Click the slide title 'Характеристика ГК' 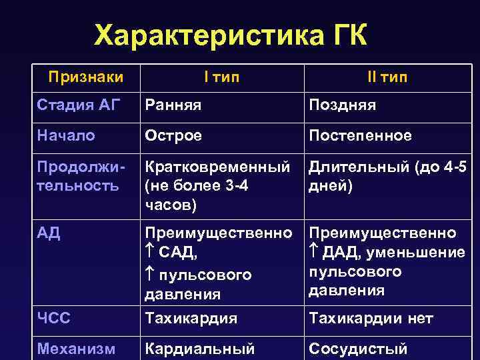click(231, 35)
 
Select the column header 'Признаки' click(85, 77)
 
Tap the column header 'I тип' click(221, 77)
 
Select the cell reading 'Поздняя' click(342, 105)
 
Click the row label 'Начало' click(66, 135)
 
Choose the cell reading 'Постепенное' click(359, 135)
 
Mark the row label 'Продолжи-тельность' click(77, 175)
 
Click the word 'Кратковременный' click(217, 165)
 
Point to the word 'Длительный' click(352, 165)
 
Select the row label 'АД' click(49, 233)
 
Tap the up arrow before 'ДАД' click(313, 253)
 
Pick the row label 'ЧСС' click(54, 318)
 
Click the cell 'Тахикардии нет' click(370, 319)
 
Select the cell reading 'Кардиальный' click(200, 348)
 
